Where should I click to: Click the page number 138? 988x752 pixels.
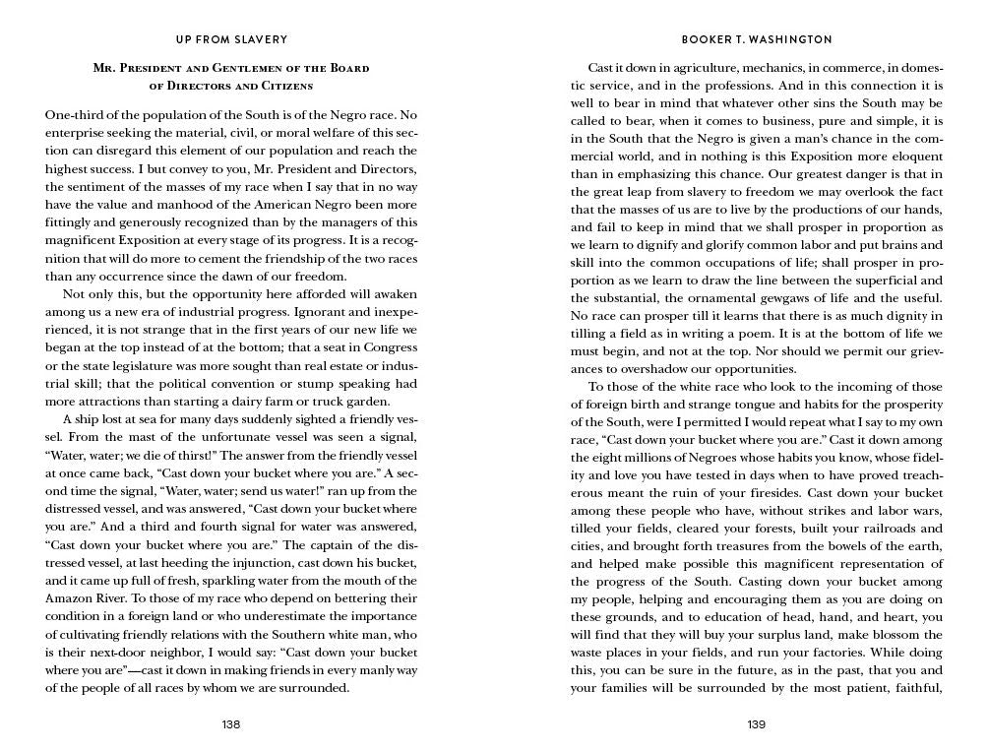click(231, 724)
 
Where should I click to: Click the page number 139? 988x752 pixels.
click(757, 724)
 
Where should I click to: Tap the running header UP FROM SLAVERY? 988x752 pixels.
click(231, 40)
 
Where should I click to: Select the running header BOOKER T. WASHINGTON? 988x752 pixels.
click(757, 40)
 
